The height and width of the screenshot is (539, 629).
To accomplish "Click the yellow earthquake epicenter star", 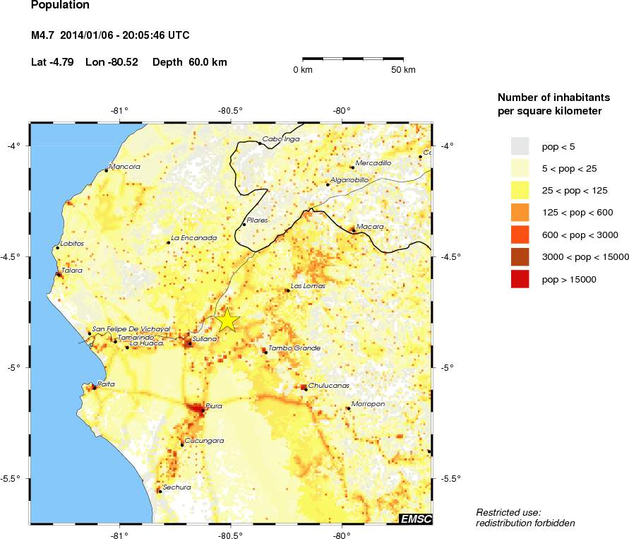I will (x=228, y=320).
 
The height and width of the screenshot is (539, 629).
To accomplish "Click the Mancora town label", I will (x=125, y=167).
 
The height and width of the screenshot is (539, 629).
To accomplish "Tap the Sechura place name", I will (x=176, y=487).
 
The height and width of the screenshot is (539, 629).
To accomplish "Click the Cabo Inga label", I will (x=280, y=139).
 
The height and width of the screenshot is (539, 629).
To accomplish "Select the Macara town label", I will (x=370, y=227).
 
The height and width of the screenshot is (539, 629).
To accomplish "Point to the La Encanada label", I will (x=194, y=239).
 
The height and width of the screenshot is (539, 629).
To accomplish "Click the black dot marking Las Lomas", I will (x=287, y=290).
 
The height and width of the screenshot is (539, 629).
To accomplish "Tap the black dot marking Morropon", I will (x=347, y=408).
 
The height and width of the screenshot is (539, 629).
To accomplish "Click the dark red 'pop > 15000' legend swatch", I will (x=520, y=280).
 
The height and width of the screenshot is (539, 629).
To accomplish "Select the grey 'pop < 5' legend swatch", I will (x=520, y=146).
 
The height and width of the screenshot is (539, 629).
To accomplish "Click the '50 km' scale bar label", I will (x=403, y=70).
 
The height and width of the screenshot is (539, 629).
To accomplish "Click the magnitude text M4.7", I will (x=44, y=35).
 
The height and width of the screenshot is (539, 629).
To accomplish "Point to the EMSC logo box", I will (x=416, y=519).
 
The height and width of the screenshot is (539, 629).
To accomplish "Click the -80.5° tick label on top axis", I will (x=231, y=110).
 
